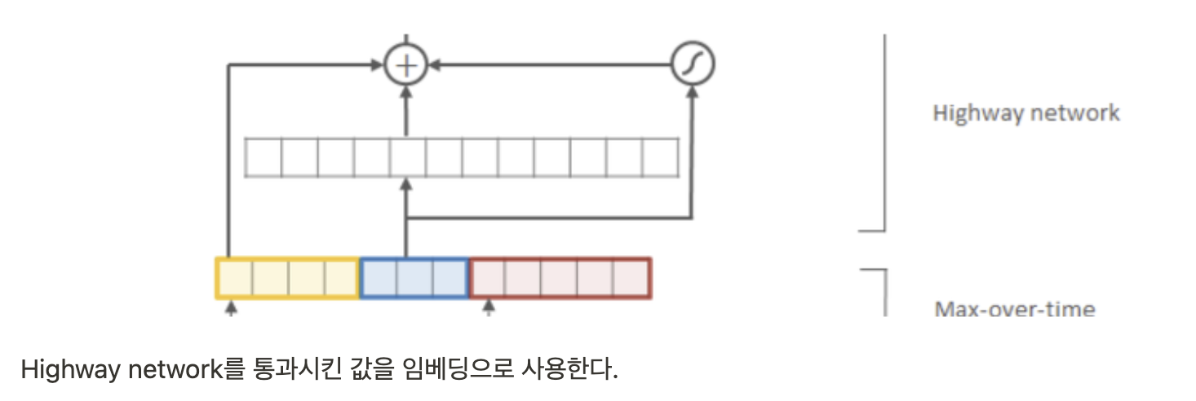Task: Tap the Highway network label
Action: point(1025,112)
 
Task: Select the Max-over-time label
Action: point(1014,309)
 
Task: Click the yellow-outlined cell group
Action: point(287,278)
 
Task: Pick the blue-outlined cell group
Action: point(414,278)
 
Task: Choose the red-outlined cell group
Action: point(560,278)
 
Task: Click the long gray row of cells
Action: point(462,157)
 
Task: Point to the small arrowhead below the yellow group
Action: point(231,307)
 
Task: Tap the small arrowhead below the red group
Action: point(489,307)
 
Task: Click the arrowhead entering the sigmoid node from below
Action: point(692,92)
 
